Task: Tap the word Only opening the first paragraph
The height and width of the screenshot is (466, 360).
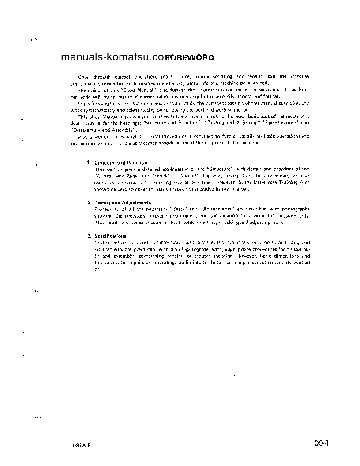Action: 83,76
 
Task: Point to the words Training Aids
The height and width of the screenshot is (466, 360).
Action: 296,182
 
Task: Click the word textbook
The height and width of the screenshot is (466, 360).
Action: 132,182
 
